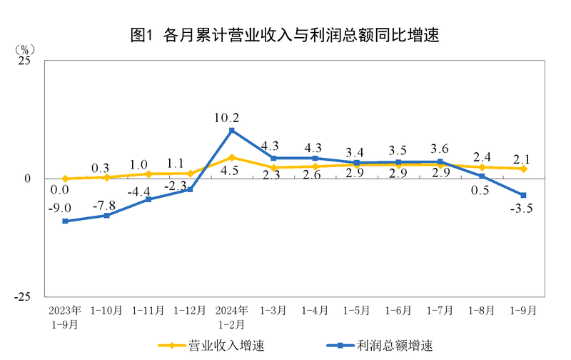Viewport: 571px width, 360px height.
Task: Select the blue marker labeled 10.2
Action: [x=232, y=130]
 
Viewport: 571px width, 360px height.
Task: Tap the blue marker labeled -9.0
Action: [x=65, y=221]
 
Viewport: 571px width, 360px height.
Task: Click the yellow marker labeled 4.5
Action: [x=232, y=157]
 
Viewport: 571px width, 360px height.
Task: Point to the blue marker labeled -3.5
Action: [x=523, y=195]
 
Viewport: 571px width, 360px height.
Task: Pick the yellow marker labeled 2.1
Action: [x=523, y=169]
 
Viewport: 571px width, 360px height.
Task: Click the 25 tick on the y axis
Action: [x=24, y=61]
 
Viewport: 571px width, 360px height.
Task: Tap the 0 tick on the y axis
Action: [x=29, y=179]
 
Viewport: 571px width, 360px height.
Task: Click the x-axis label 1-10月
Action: [x=107, y=311]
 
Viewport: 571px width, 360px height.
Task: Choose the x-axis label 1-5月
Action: [x=357, y=311]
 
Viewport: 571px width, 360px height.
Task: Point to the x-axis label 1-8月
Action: [x=482, y=311]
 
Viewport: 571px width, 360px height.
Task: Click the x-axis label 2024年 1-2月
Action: [x=232, y=316]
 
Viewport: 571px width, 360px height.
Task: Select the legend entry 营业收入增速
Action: [x=213, y=346]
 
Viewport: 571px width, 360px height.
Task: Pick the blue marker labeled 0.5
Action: [x=482, y=176]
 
